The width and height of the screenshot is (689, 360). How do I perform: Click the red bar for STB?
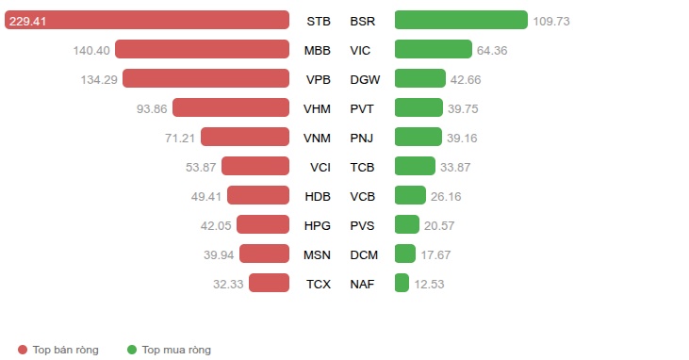[147, 20]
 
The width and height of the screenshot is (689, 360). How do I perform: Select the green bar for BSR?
[461, 20]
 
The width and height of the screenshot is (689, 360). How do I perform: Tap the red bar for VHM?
[231, 107]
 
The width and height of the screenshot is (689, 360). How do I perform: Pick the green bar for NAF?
[402, 283]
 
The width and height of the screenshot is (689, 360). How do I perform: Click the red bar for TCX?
[269, 283]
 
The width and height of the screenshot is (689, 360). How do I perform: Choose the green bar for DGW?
[420, 78]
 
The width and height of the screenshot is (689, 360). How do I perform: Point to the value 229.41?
[27, 21]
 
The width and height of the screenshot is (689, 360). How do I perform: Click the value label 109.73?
[551, 21]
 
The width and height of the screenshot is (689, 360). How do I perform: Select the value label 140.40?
[91, 51]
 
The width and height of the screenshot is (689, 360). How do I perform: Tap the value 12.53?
[429, 284]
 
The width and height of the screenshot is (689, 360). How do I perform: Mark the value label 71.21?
[180, 138]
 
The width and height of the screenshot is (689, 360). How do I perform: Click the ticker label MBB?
[318, 51]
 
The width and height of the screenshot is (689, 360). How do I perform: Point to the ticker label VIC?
[360, 51]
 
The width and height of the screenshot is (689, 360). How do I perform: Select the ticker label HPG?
[318, 225]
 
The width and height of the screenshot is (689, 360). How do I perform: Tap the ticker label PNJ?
[362, 138]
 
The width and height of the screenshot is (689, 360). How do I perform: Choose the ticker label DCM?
[364, 255]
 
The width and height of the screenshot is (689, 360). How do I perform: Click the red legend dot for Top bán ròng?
[23, 350]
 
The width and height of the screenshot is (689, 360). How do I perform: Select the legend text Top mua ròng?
[176, 350]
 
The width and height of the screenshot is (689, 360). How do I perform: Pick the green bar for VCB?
[410, 195]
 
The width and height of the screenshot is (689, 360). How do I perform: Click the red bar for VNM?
[245, 137]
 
